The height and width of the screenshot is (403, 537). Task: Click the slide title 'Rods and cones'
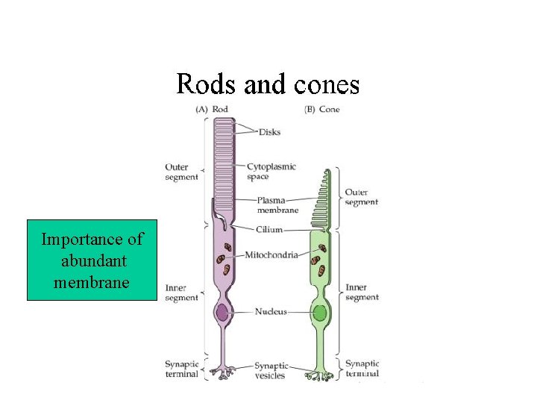[268, 84]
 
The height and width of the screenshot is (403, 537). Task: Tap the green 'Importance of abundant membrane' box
[92, 260]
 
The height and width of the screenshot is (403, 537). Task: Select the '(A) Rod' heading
[212, 109]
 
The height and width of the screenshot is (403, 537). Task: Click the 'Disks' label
[269, 132]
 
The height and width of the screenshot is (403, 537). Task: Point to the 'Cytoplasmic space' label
[271, 172]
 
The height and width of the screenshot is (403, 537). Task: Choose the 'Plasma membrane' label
[277, 205]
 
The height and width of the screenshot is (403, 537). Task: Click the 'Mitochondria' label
[273, 254]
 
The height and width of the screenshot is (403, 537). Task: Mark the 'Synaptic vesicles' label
[271, 370]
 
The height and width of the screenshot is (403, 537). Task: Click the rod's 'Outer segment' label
[181, 172]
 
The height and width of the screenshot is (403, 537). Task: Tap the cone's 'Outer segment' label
[361, 197]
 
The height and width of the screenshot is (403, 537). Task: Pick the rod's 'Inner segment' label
[181, 293]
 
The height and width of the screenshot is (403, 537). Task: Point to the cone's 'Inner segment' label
[362, 293]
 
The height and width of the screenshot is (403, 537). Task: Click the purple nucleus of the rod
[222, 312]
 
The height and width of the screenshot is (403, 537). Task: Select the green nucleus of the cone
[319, 313]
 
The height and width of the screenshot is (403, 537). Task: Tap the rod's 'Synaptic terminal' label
[182, 369]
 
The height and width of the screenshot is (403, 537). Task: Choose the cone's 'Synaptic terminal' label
[362, 369]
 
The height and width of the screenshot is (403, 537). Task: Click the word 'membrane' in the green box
[92, 283]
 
